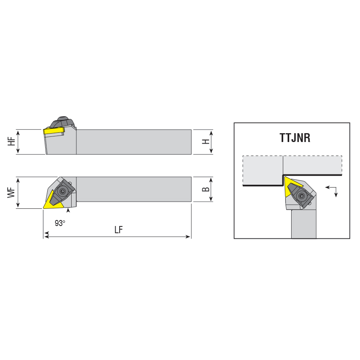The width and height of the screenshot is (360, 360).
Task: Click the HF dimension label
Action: [x=11, y=142]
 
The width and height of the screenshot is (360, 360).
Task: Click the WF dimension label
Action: [x=11, y=193]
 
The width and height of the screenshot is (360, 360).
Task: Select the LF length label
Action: [x=119, y=230]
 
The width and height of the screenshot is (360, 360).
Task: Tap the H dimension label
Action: [x=206, y=142]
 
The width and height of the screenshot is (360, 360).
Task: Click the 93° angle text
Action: [x=60, y=223]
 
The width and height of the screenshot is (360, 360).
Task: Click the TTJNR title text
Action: [x=295, y=138]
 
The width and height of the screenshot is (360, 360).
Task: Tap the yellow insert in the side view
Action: [x=54, y=131]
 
